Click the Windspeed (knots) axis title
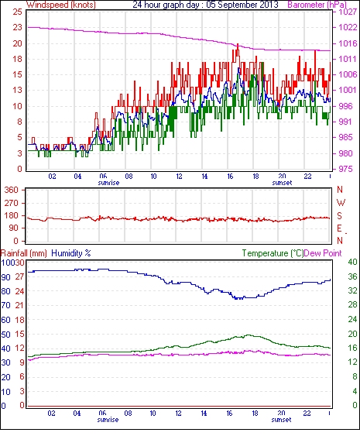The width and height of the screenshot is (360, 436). click(61, 5)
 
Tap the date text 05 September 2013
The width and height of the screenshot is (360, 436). click(242, 5)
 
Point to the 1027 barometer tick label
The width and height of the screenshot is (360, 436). click(348, 12)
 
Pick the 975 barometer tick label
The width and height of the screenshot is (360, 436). click(345, 169)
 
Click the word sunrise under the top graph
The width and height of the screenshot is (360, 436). click(108, 183)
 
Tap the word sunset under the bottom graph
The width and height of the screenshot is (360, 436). click(281, 420)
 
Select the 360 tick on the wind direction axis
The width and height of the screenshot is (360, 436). click(11, 190)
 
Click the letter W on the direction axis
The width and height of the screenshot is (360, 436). click(341, 203)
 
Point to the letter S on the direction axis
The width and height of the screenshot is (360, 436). click(339, 215)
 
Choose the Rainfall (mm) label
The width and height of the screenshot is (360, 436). click(24, 253)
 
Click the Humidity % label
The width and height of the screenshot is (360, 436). click(71, 253)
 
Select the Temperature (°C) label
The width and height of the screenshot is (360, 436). click(273, 253)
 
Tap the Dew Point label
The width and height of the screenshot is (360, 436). click(323, 253)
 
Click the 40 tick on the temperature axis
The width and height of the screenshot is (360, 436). click(352, 262)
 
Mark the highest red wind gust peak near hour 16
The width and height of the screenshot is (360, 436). click(238, 44)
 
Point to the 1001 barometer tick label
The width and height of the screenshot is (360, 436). click(348, 90)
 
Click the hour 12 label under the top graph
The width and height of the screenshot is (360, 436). click(179, 177)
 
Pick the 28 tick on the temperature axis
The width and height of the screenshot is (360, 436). click(352, 305)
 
